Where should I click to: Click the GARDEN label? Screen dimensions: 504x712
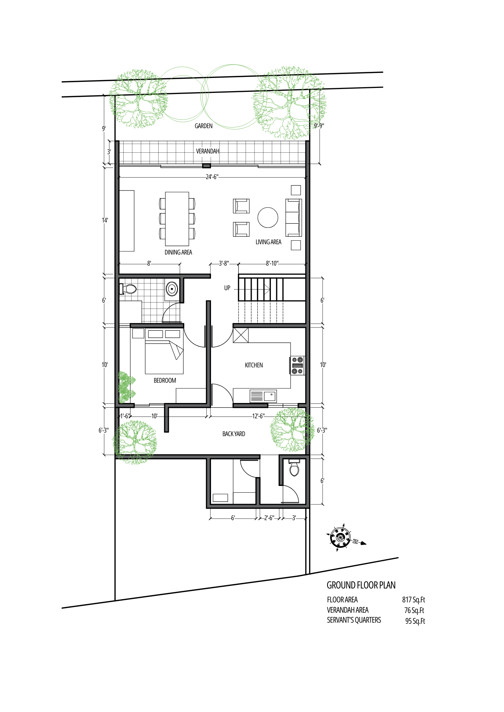(204, 126)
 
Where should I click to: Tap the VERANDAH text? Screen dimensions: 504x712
(207, 151)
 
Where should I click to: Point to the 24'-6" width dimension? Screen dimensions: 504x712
(212, 177)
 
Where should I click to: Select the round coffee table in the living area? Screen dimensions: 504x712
(268, 218)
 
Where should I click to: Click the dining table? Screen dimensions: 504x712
(177, 219)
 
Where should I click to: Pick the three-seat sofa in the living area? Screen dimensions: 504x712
(293, 218)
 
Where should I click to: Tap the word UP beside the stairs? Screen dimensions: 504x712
(227, 288)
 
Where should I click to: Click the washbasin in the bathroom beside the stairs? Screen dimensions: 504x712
(172, 289)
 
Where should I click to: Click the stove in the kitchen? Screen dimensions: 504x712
(297, 366)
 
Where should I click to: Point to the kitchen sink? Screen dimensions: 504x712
(263, 396)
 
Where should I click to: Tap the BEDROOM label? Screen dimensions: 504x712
(165, 381)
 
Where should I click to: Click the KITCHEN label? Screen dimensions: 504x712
(254, 365)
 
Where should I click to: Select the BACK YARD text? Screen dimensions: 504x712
(234, 434)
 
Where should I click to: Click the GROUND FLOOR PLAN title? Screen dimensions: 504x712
(361, 585)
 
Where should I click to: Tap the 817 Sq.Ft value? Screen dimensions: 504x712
(413, 600)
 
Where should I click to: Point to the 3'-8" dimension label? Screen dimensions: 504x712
(224, 263)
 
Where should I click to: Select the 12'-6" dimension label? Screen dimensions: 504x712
(258, 416)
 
